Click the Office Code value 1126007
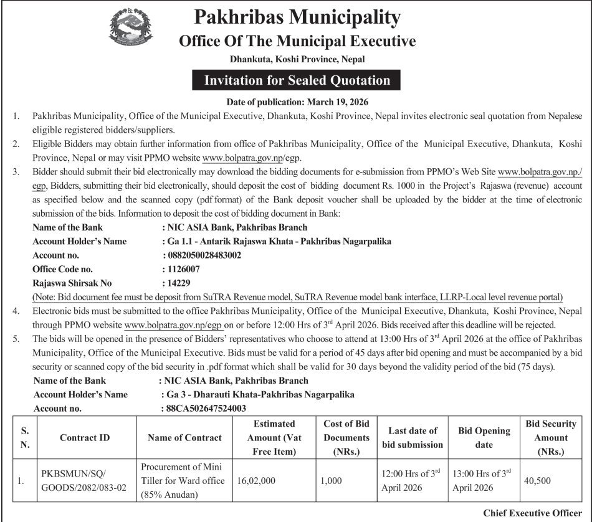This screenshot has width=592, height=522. point(183,269)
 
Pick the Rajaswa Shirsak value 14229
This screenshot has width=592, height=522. point(178,283)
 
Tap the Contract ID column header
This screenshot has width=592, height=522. point(85,437)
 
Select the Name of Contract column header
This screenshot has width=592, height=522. point(184,437)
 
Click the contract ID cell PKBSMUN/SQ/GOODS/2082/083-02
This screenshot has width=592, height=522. point(85,481)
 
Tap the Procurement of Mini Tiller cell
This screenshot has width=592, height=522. point(180,481)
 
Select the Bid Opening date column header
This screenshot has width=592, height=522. point(484,437)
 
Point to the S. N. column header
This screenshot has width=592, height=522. point(25,437)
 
